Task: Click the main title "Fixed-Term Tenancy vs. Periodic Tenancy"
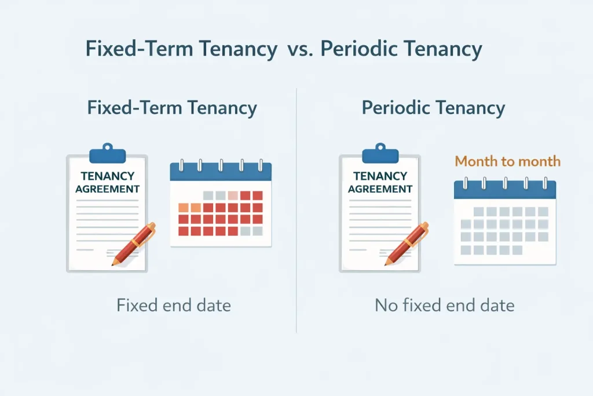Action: (284, 49)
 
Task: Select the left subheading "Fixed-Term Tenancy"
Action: (172, 108)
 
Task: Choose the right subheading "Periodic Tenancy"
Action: (433, 108)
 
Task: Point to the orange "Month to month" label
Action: (508, 161)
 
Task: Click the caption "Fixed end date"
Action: (174, 305)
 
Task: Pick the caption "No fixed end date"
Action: (445, 305)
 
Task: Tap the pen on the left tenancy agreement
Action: (134, 244)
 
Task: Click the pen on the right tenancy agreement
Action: (407, 244)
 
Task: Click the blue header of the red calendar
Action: (221, 172)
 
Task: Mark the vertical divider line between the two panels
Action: (296, 209)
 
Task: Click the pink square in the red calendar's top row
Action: (233, 195)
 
